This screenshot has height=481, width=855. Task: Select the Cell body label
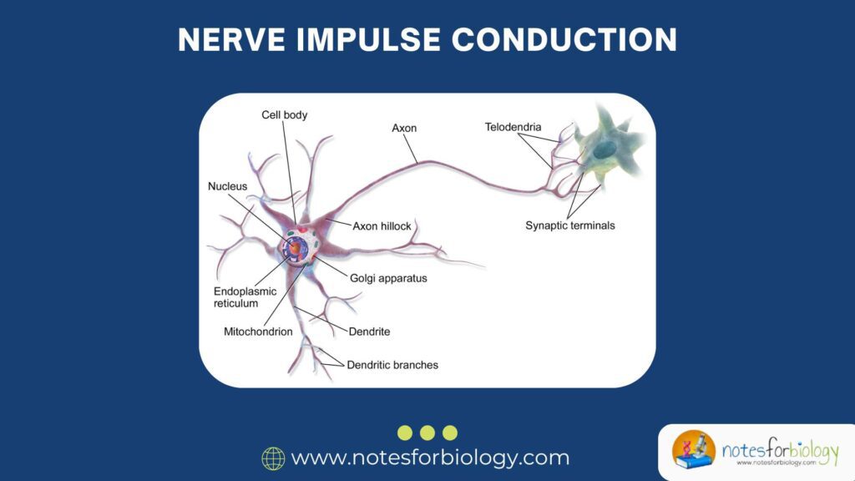[284, 115]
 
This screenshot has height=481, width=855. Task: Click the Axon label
[404, 129]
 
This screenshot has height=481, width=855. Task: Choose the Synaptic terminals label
[570, 225]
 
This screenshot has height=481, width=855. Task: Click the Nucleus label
[227, 186]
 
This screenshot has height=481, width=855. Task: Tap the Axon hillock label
[382, 225]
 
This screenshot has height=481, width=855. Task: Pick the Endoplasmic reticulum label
[242, 297]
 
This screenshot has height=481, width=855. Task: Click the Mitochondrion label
[258, 332]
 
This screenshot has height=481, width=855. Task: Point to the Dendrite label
[369, 332]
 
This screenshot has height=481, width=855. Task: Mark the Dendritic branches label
[392, 365]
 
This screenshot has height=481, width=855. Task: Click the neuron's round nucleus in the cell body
[296, 247]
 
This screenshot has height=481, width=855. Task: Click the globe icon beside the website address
[273, 458]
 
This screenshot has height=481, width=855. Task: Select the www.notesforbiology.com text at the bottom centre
[430, 458]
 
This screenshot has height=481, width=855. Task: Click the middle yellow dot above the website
[427, 433]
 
